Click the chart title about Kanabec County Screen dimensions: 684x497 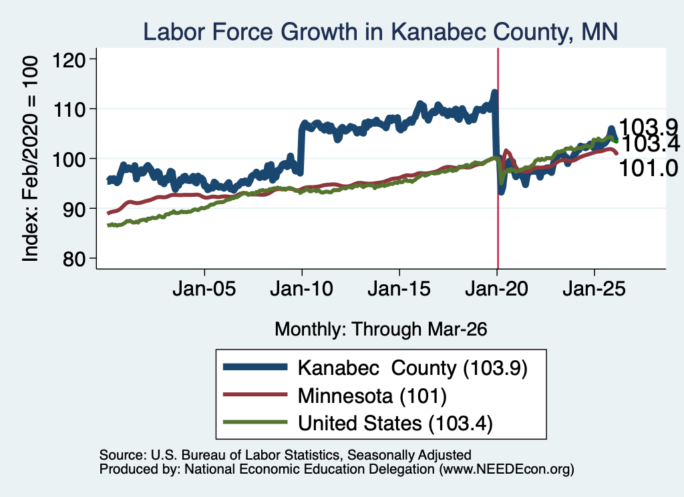[x=380, y=32]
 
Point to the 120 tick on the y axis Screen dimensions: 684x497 [x=69, y=59]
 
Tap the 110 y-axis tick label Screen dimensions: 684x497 [x=69, y=110]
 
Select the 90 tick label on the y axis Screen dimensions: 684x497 [x=74, y=209]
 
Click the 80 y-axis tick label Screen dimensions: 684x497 [x=74, y=259]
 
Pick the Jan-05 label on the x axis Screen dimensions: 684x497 [x=204, y=288]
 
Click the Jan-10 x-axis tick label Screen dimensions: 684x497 [x=301, y=288]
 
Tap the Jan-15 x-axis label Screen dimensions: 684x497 [x=399, y=288]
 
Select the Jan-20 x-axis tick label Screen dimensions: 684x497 [x=497, y=288]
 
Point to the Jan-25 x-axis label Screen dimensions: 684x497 [x=594, y=288]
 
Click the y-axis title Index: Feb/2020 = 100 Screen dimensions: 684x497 [x=30, y=159]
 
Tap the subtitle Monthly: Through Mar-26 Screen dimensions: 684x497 [x=381, y=330]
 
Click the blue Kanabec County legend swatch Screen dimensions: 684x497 [x=255, y=367]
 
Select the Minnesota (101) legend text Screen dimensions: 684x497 [x=372, y=396]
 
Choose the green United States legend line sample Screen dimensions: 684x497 [x=255, y=422]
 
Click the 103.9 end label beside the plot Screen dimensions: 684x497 [x=648, y=127]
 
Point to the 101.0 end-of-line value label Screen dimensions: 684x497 [x=648, y=168]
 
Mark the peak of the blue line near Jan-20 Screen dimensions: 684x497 [x=494, y=91]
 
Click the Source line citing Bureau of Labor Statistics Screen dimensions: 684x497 [x=285, y=455]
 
